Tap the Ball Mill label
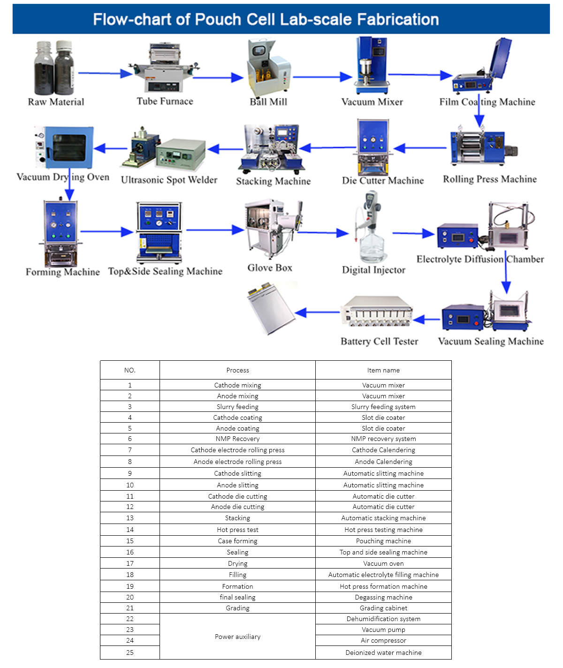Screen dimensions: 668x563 click(x=268, y=102)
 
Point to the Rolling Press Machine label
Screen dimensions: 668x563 click(x=490, y=179)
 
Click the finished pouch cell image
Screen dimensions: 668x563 click(x=271, y=308)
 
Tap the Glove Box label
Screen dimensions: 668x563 click(x=270, y=268)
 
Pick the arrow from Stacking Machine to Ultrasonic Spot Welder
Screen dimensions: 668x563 click(x=225, y=149)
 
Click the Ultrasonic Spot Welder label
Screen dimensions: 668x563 click(x=169, y=180)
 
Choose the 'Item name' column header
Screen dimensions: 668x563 click(x=383, y=370)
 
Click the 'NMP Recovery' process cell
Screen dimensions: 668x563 click(x=237, y=439)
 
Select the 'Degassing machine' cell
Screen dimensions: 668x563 click(x=383, y=597)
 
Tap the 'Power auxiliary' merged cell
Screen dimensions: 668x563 click(x=237, y=637)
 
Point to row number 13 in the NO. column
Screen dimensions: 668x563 click(x=130, y=518)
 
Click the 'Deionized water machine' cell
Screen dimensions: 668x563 click(x=383, y=653)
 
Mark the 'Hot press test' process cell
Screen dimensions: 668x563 click(x=237, y=530)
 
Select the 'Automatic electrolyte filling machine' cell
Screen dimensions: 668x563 click(x=383, y=575)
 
